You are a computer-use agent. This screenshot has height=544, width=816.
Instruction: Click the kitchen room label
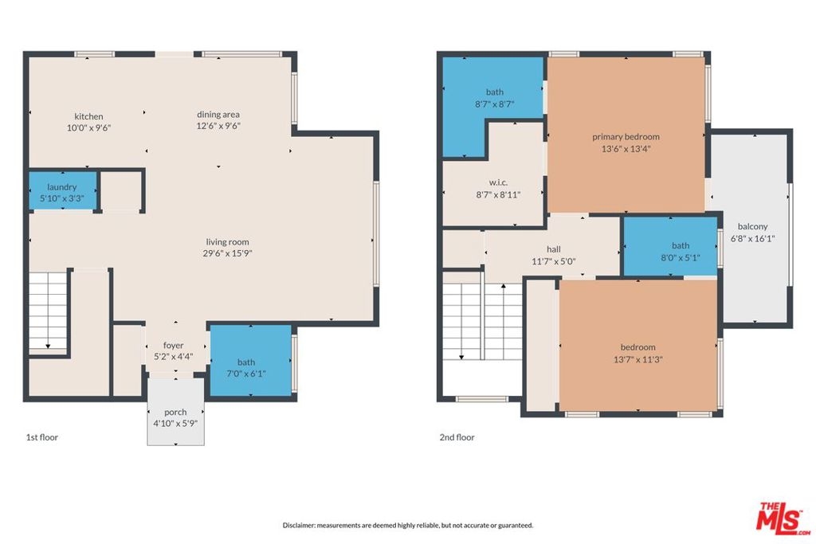tap(88, 116)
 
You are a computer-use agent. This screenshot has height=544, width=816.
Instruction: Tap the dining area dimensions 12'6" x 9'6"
tap(218, 126)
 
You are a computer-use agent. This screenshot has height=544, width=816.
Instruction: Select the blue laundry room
tap(62, 191)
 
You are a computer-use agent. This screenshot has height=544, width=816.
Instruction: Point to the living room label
tap(227, 242)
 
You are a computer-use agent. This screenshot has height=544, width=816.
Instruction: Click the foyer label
tap(173, 346)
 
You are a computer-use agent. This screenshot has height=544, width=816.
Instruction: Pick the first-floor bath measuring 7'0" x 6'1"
tap(249, 360)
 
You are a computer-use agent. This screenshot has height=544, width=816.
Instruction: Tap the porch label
tap(175, 412)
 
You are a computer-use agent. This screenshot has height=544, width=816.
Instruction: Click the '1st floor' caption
tap(42, 437)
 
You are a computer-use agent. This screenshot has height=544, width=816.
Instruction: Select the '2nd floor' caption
tap(457, 437)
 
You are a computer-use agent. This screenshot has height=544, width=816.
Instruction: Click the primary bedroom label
tap(626, 137)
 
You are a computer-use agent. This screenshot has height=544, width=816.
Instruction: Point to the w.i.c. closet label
tap(498, 182)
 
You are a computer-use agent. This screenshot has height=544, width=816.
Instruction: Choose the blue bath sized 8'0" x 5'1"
tap(670, 246)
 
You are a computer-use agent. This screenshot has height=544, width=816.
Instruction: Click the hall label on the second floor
tap(554, 249)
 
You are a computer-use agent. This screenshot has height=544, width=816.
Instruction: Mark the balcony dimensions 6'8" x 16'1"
tap(753, 239)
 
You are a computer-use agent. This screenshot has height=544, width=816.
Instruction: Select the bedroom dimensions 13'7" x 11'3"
tap(638, 359)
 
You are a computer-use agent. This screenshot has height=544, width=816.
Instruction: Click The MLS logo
tap(784, 518)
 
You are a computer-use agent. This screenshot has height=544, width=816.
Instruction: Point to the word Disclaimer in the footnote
tap(299, 525)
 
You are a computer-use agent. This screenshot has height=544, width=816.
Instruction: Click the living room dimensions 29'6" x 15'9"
tap(227, 253)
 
